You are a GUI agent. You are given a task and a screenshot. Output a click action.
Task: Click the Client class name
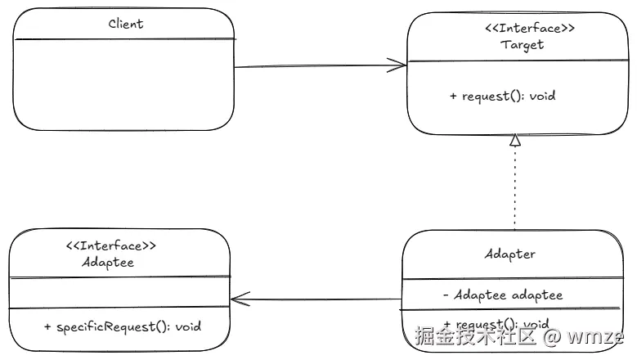pyautogui.click(x=126, y=24)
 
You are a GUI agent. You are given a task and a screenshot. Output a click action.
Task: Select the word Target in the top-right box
pyautogui.click(x=522, y=45)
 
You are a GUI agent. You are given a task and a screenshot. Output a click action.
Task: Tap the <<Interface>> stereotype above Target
pyautogui.click(x=523, y=29)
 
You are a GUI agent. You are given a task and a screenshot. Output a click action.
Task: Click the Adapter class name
pyautogui.click(x=509, y=254)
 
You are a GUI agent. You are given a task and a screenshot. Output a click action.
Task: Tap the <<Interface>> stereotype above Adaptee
pyautogui.click(x=110, y=245)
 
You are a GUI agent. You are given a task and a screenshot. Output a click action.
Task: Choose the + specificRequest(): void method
pyautogui.click(x=122, y=326)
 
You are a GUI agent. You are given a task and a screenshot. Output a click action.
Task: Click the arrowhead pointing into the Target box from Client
pyautogui.click(x=399, y=65)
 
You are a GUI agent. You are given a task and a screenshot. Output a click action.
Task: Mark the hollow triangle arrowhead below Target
pyautogui.click(x=514, y=141)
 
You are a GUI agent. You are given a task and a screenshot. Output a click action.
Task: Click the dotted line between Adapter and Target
pyautogui.click(x=514, y=188)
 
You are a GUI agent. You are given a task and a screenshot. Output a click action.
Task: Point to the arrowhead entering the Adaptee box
pyautogui.click(x=239, y=299)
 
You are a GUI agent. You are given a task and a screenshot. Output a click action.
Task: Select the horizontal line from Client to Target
pyautogui.click(x=319, y=66)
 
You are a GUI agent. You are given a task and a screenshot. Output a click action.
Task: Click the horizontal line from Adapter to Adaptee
pyautogui.click(x=319, y=299)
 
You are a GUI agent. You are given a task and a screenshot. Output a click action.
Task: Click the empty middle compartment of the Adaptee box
pyautogui.click(x=119, y=293)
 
